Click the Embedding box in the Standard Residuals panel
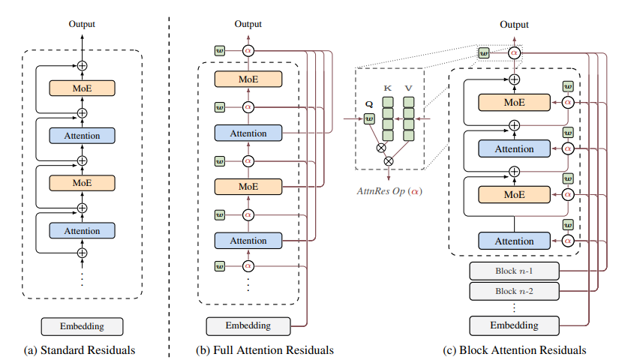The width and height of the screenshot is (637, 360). coord(82,326)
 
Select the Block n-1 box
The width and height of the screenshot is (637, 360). coord(514,271)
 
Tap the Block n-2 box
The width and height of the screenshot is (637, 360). coord(514,290)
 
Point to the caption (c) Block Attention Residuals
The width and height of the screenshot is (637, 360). coord(515,349)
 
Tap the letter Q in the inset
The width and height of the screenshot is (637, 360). coord(368,105)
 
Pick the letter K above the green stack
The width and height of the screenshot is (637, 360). coord(388,88)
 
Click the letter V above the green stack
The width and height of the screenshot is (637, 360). coord(408,88)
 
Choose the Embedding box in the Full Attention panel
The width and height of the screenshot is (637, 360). coord(248,326)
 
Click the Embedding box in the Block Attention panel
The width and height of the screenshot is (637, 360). coord(514,325)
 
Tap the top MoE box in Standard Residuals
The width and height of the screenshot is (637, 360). coord(82,88)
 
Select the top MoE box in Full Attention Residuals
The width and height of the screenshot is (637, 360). coord(248,79)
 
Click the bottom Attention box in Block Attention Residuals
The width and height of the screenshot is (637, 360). coord(514,241)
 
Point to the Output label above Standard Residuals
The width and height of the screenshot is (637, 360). coord(82,25)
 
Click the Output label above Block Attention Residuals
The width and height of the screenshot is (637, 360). coord(514,25)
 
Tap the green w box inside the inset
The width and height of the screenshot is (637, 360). coord(368,118)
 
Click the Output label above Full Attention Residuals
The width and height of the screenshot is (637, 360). coord(248,25)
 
